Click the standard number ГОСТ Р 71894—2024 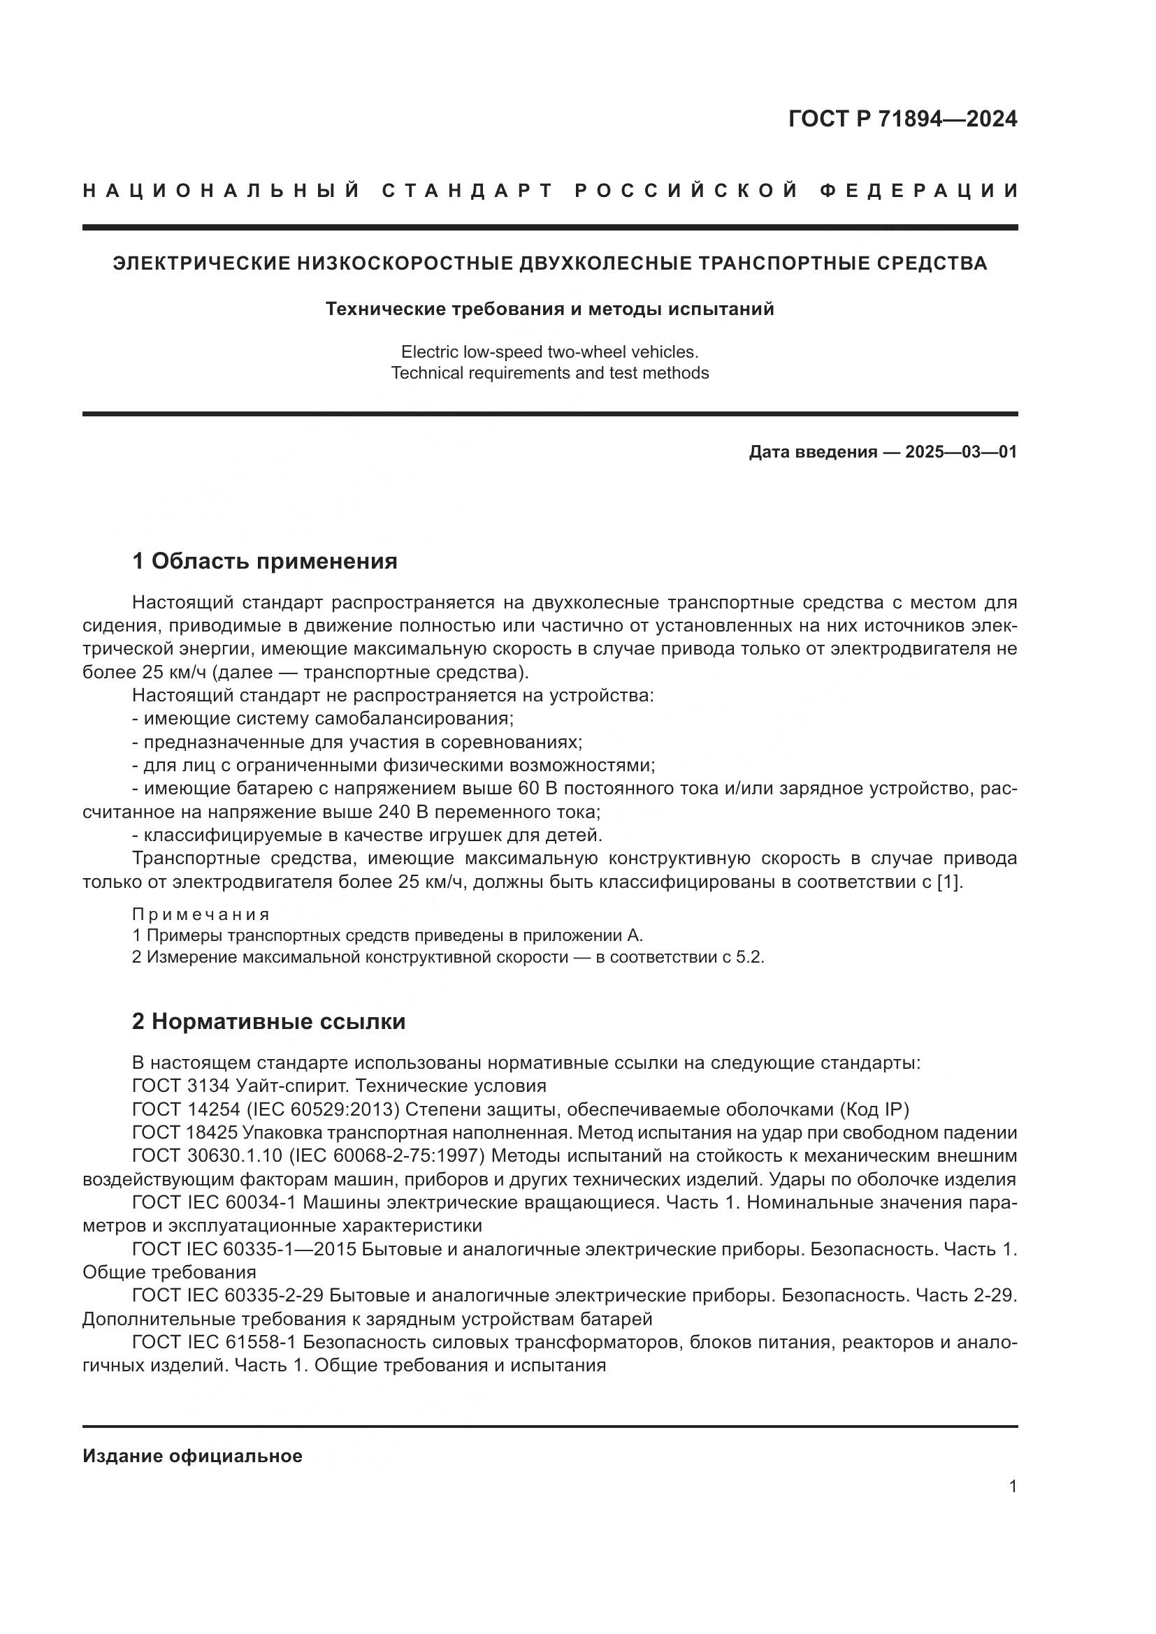coord(902,119)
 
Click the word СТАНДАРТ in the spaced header coord(468,191)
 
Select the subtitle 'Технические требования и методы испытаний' coord(549,309)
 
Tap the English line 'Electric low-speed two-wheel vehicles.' coord(549,351)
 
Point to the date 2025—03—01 coord(960,452)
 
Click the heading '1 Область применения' coord(264,561)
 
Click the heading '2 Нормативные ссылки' coord(268,1021)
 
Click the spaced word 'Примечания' coord(201,914)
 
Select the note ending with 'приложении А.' coord(388,935)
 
